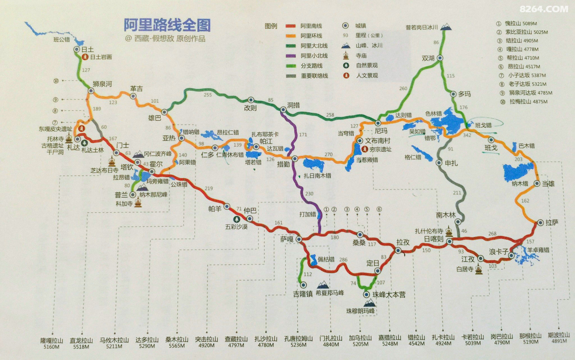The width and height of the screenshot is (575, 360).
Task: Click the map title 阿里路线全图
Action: tap(167, 25)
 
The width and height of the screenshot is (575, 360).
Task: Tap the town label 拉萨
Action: tap(552, 223)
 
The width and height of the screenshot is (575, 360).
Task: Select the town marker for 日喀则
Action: tap(449, 242)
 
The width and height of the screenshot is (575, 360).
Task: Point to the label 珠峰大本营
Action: tap(389, 295)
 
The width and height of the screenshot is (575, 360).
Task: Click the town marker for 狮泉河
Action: tap(91, 91)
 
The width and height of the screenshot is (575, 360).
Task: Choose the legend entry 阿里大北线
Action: tap(314, 46)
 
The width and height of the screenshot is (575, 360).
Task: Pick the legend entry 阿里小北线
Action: tap(314, 56)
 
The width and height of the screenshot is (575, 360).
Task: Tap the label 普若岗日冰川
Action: tap(422, 27)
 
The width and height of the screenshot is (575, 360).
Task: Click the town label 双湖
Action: tap(428, 58)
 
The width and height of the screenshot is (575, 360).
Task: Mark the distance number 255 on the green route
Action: tap(208, 95)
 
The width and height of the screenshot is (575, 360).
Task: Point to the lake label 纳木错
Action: tap(520, 184)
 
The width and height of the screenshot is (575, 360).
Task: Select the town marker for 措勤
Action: tap(295, 159)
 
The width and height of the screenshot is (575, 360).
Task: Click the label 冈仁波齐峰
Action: tap(158, 154)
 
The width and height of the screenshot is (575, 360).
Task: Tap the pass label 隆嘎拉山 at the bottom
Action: tap(51, 340)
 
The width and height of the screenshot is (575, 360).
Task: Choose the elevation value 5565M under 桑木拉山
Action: tap(177, 345)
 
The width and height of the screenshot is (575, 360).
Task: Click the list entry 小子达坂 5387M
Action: tap(527, 75)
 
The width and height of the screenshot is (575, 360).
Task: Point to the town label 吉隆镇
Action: tap(302, 294)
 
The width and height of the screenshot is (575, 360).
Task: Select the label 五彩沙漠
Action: tap(236, 227)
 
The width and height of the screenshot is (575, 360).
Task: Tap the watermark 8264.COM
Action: tap(544, 9)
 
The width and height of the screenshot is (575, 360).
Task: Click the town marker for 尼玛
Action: tap(378, 123)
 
